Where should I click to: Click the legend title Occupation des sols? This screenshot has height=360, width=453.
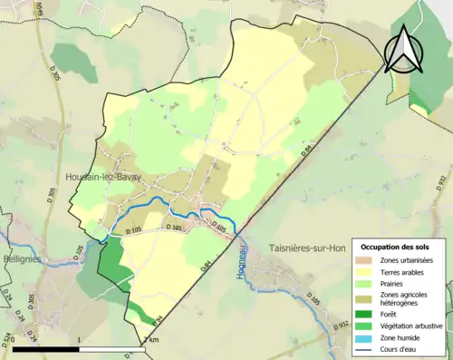396,247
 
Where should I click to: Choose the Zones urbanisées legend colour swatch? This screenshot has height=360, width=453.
365,261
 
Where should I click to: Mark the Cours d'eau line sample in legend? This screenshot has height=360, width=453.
365,348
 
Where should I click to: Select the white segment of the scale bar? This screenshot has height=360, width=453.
112,349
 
